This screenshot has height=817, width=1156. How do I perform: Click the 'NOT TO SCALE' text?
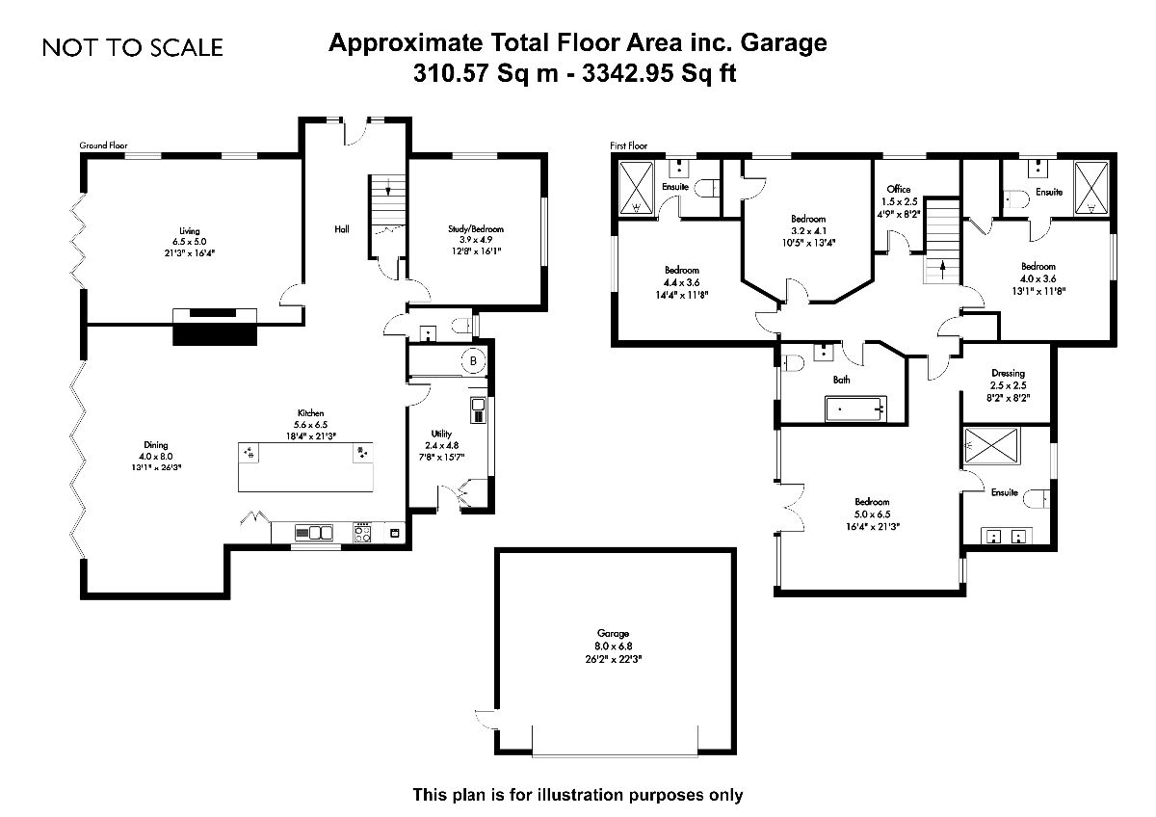(x=133, y=47)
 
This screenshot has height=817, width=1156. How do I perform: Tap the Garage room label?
(x=613, y=633)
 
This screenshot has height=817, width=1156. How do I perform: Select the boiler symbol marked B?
(x=473, y=360)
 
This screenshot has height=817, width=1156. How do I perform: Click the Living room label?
(x=190, y=230)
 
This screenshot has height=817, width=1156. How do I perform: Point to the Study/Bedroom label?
(x=475, y=228)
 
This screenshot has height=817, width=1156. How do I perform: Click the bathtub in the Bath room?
(x=855, y=408)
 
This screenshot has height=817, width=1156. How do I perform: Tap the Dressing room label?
(x=1008, y=373)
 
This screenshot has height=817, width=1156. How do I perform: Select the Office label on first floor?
(x=899, y=189)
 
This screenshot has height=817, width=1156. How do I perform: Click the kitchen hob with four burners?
(x=362, y=532)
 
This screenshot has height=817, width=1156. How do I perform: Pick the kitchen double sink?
(x=313, y=532)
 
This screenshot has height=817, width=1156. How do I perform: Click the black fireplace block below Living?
(x=214, y=335)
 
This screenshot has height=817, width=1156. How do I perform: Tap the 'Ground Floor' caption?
(x=103, y=145)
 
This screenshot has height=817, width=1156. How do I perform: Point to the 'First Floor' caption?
(x=628, y=145)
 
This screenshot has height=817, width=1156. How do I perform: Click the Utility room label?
(x=441, y=435)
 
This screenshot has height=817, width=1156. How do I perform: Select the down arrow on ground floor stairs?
(x=388, y=189)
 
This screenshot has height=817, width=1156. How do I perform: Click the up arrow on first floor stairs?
(x=942, y=270)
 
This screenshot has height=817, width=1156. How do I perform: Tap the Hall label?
(x=342, y=229)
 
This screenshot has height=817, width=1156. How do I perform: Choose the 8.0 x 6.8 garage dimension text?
(x=613, y=646)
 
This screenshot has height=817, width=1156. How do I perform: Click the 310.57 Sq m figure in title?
(x=486, y=73)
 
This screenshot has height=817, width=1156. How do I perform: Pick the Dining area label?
(x=156, y=445)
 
